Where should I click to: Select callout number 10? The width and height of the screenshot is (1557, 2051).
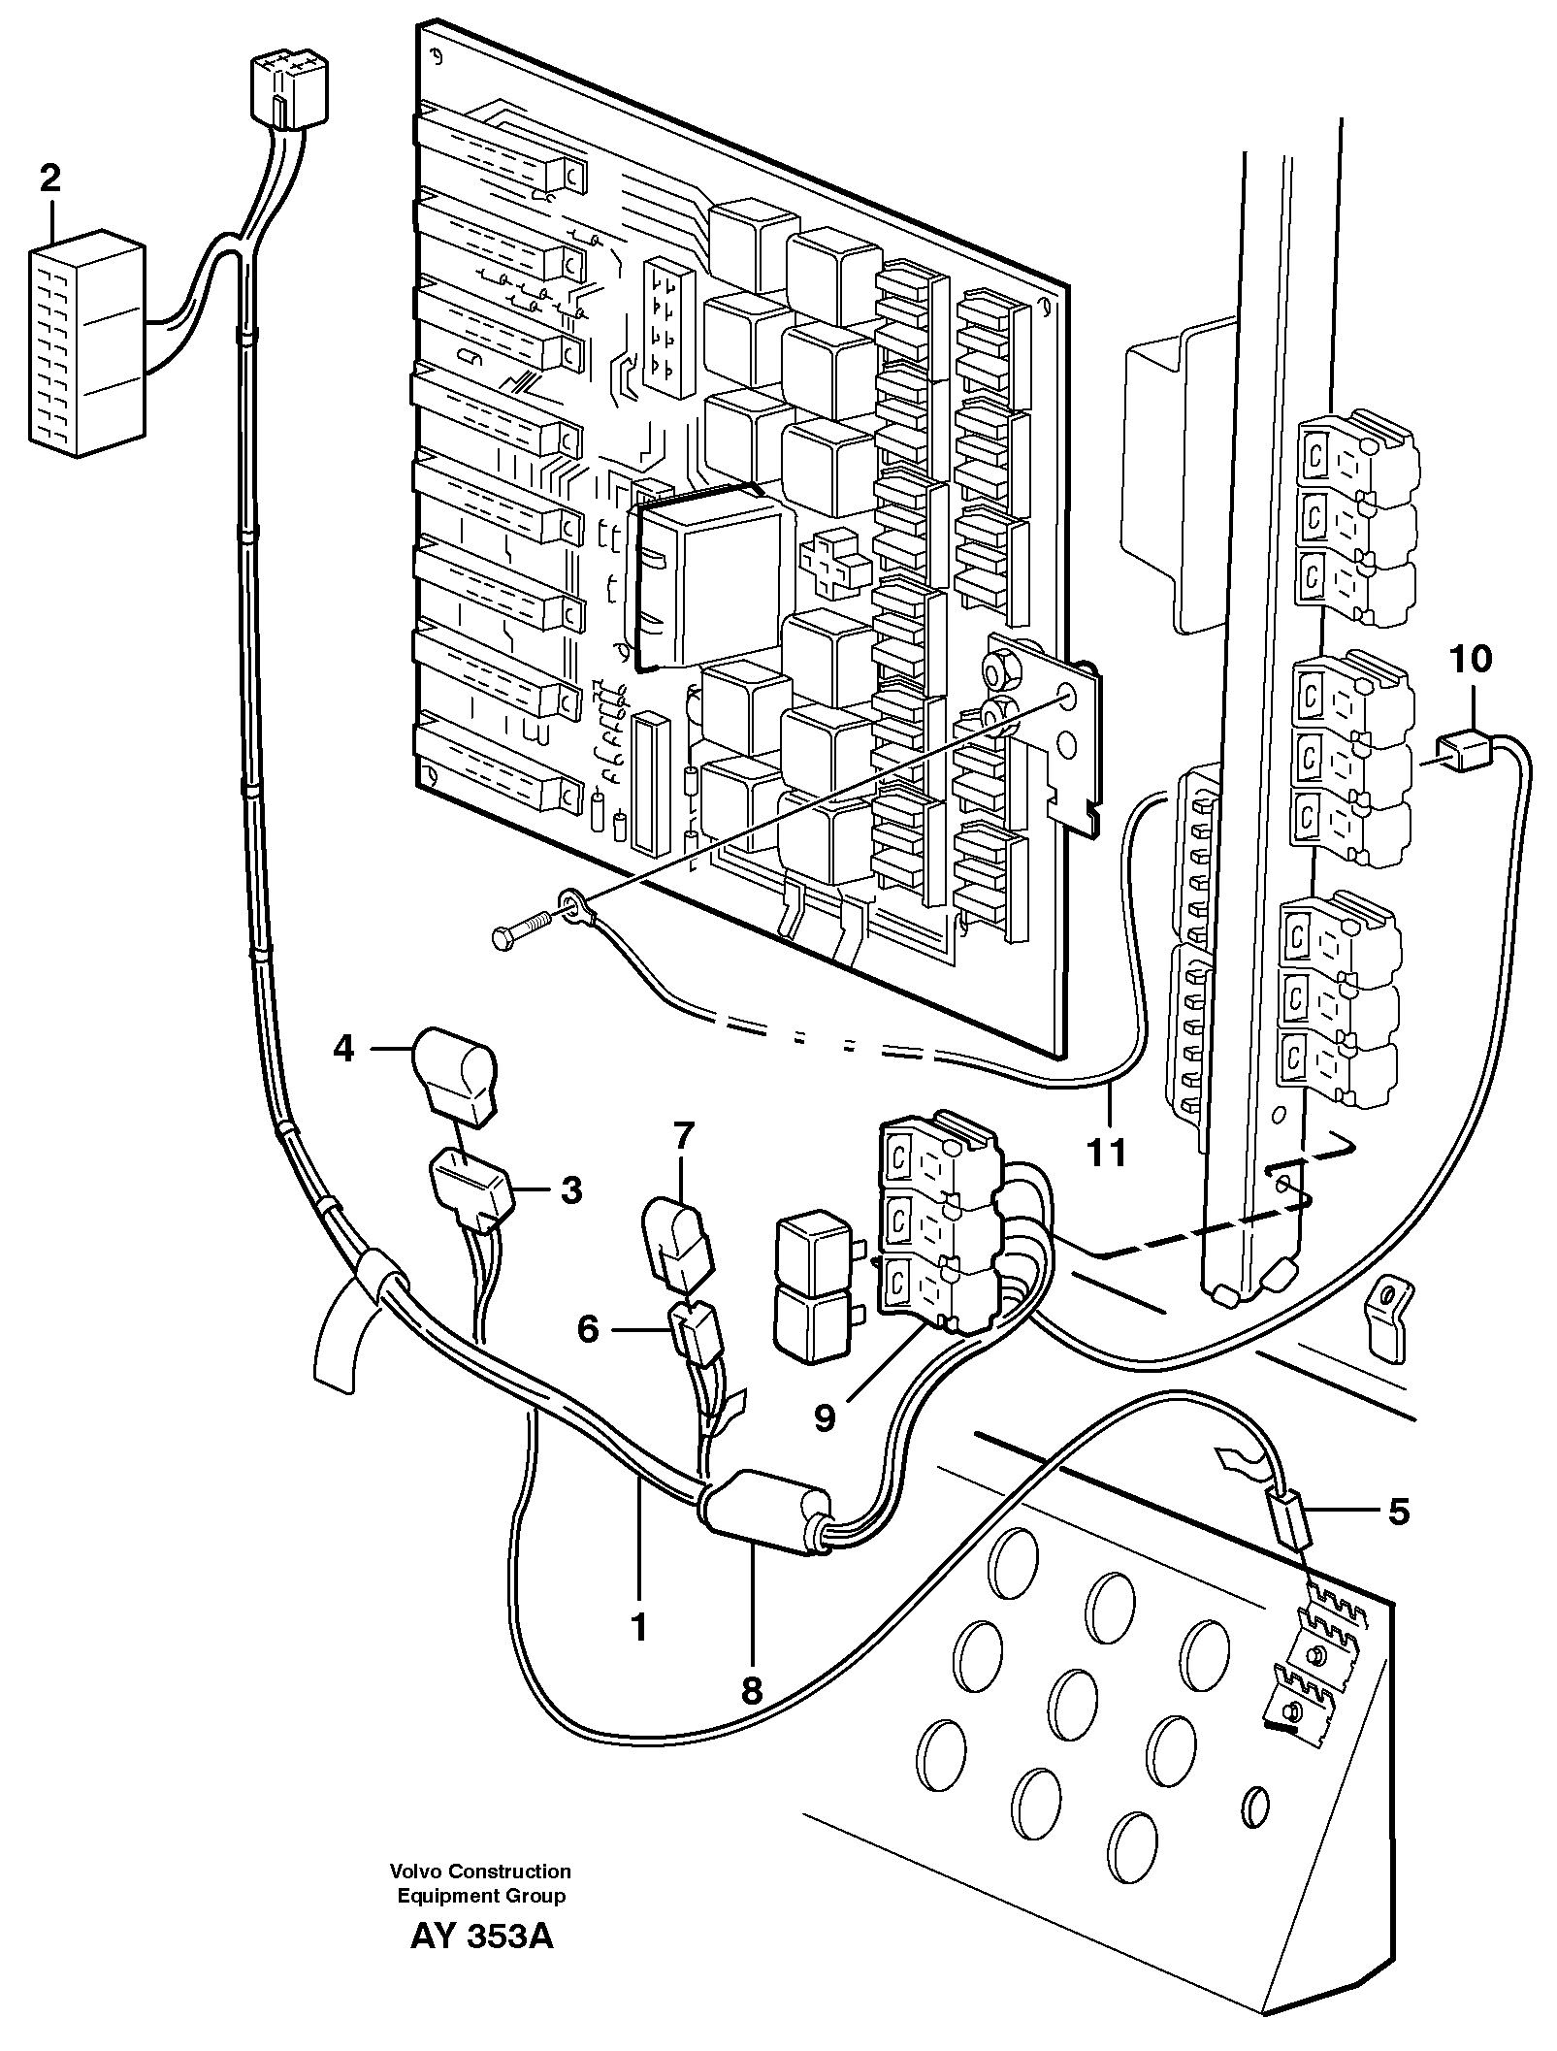1471,660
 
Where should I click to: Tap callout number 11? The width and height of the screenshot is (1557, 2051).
1107,1152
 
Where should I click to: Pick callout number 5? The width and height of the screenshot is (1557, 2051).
1398,1511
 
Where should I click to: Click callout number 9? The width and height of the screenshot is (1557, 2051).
824,1418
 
